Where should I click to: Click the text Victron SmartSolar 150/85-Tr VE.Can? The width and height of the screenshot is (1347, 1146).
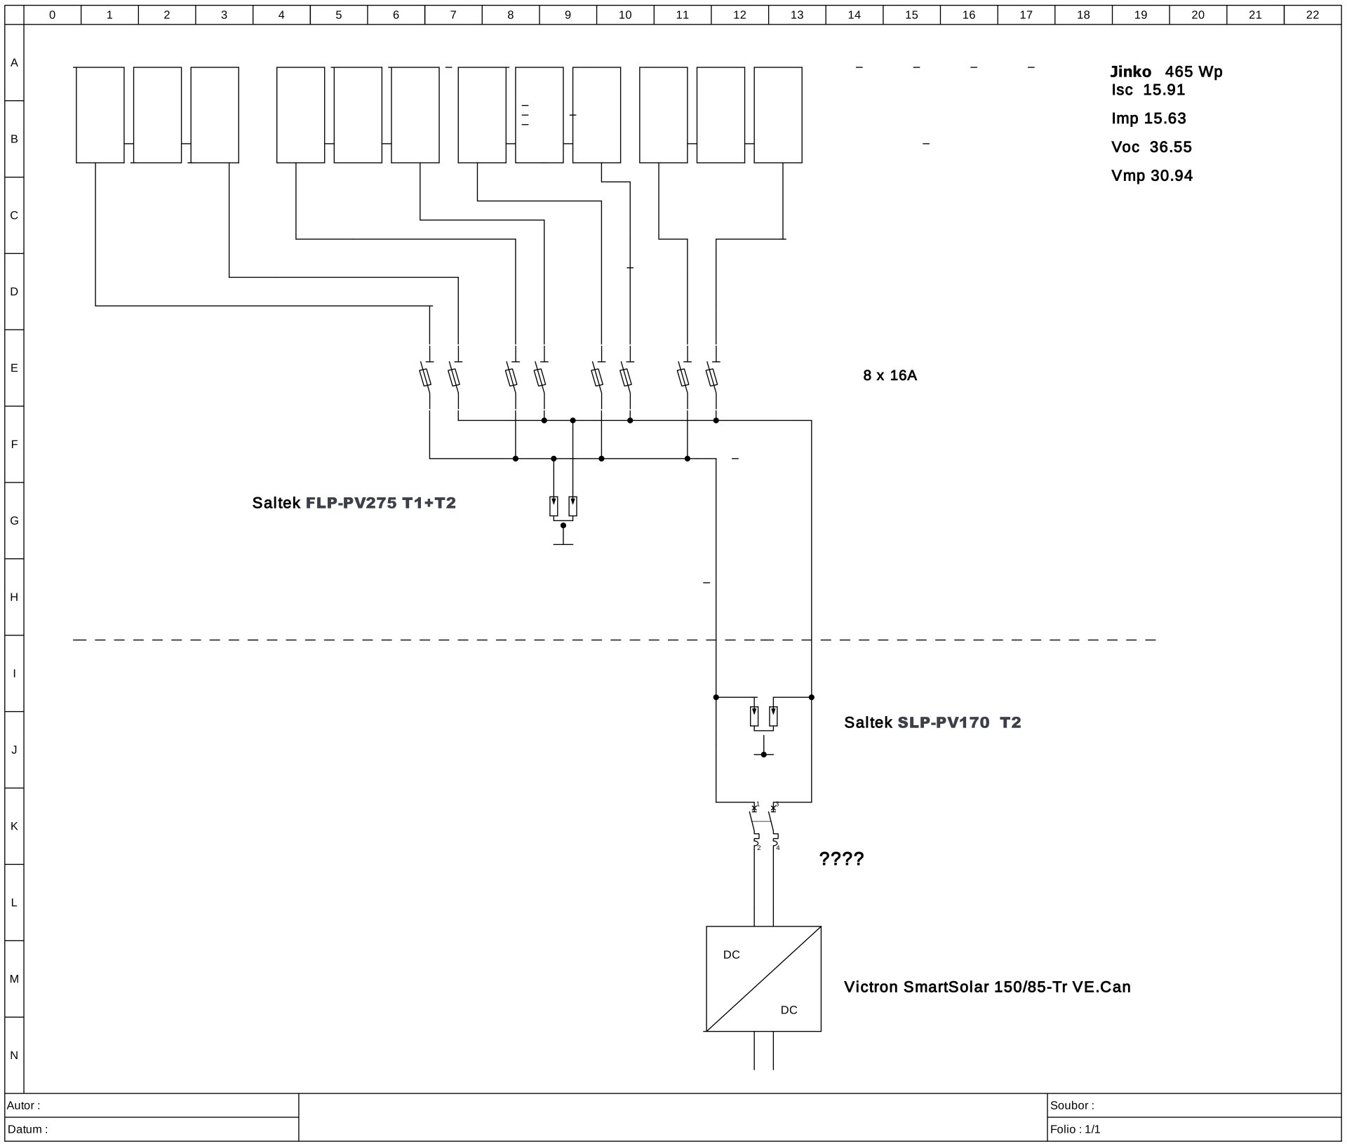(x=987, y=987)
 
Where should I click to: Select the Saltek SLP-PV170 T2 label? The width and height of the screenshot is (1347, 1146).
(x=932, y=722)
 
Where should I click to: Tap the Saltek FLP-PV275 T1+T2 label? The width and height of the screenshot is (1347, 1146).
(x=354, y=503)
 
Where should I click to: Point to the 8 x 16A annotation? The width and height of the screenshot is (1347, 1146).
(x=890, y=375)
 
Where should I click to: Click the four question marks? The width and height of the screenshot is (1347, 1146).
(x=841, y=858)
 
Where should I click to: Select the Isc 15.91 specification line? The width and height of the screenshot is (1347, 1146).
(x=1148, y=90)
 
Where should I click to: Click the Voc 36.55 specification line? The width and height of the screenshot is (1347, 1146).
(x=1151, y=147)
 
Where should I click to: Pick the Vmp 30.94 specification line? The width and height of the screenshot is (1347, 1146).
(x=1152, y=176)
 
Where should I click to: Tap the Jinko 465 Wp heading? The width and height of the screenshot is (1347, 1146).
(x=1166, y=72)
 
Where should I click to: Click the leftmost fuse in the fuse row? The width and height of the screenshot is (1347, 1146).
(x=425, y=377)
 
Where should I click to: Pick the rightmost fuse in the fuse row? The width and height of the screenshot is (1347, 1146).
(x=711, y=377)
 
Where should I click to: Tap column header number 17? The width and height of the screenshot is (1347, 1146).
(x=1026, y=15)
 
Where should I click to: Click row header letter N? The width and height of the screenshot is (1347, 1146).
(x=14, y=1056)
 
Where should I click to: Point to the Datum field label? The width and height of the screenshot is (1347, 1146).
(x=27, y=1129)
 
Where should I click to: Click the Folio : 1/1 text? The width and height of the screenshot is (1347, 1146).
(x=1075, y=1129)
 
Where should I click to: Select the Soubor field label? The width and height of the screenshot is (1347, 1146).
(x=1072, y=1105)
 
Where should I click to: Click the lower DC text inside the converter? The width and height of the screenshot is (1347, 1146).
(x=789, y=1010)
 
